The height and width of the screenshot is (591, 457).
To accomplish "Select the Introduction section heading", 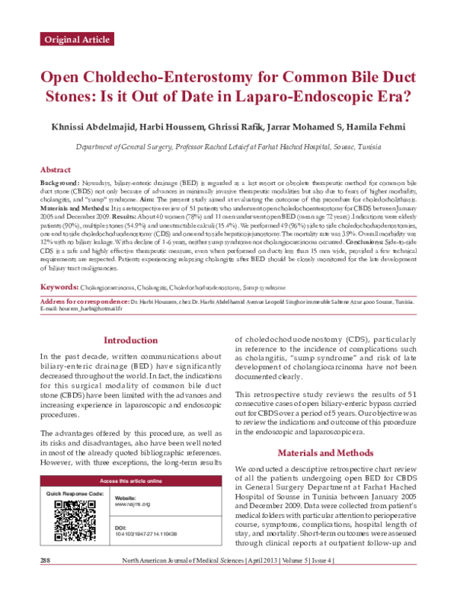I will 130,340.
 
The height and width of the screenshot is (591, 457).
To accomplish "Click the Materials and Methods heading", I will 326,452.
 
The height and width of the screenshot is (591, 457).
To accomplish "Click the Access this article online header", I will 130,481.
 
